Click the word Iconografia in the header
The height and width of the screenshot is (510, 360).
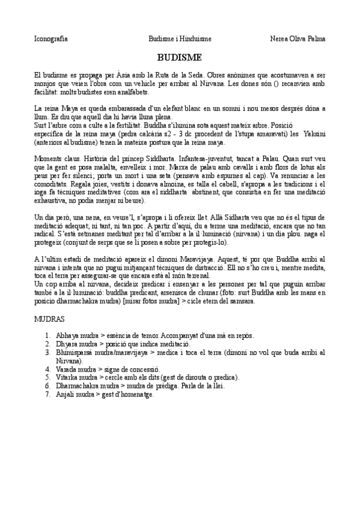(50, 39)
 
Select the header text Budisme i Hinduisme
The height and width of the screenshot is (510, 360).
(180, 39)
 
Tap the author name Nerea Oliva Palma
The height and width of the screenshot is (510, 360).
(298, 39)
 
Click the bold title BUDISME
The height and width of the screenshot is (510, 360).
(180, 58)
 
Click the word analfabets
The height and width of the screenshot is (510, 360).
(135, 93)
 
